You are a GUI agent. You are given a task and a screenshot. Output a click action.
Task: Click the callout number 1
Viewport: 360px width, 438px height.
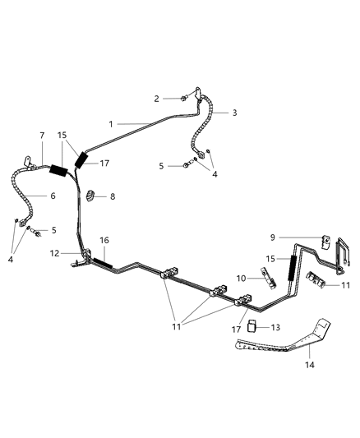coord(111,124)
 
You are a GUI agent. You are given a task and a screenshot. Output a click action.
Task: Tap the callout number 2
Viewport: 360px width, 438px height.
coord(156,99)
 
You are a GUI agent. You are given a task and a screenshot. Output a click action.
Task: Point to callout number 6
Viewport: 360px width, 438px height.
coord(53,196)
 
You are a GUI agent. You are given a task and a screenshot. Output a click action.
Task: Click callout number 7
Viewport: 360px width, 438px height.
coord(42,134)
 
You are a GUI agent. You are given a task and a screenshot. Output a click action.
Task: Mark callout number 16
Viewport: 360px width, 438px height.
coord(104,241)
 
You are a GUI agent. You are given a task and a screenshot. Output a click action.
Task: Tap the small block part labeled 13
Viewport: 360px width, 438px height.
coord(255,327)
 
